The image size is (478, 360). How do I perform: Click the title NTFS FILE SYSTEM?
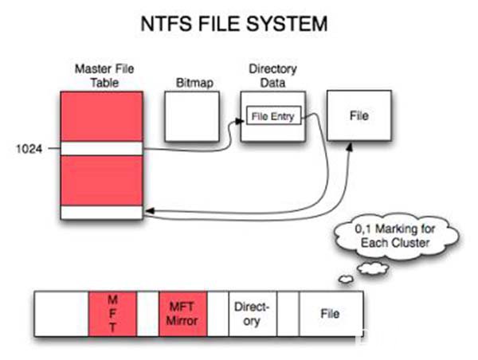[234, 24]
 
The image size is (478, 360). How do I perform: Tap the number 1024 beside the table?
[29, 149]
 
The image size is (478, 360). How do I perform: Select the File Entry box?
[273, 115]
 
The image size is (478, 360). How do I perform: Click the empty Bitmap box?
[192, 116]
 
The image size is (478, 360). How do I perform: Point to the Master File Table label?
[104, 76]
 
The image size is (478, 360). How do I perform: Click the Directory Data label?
[272, 76]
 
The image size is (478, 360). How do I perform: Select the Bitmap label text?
[195, 83]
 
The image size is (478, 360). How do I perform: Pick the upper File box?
[359, 115]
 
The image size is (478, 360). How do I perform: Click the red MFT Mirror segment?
[183, 314]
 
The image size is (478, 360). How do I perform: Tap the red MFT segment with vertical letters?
[112, 314]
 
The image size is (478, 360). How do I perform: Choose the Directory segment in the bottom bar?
[253, 314]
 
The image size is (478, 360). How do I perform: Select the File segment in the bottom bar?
[331, 314]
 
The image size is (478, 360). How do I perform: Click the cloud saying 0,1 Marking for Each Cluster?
[396, 237]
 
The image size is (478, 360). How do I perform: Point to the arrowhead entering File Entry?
[241, 121]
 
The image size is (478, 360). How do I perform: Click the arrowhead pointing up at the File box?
[350, 147]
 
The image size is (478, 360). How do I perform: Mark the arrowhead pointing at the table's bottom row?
[150, 210]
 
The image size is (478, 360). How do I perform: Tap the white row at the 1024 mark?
[102, 148]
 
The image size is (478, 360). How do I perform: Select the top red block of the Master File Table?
[102, 116]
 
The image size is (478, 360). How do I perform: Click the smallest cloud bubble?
[347, 279]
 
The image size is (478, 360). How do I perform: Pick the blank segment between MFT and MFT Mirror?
[148, 314]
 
